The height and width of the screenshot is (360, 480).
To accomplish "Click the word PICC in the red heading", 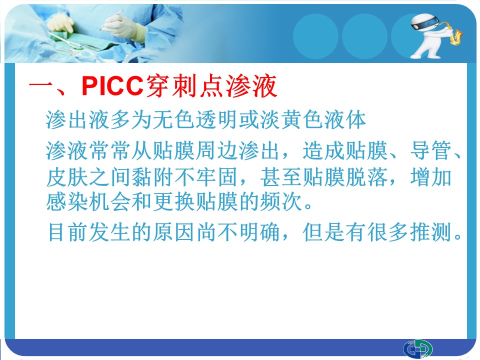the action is (x=112, y=86).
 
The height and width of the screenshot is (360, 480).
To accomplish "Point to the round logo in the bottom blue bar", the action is (x=417, y=349).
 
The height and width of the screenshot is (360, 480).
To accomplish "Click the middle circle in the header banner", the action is (x=364, y=36).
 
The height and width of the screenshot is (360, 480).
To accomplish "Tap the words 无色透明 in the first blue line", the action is (x=194, y=119).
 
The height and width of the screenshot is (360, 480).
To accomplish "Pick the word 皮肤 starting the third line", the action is (x=67, y=177).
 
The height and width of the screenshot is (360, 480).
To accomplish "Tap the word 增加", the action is (x=431, y=177).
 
